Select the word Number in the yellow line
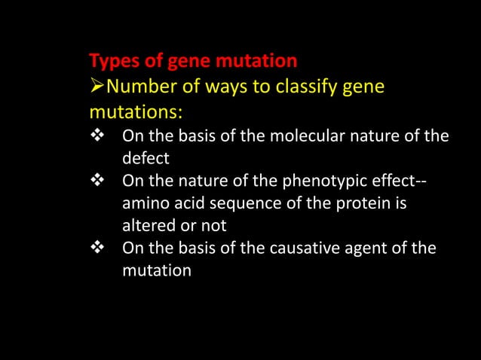136,87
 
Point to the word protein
358,203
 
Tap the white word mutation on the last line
156,270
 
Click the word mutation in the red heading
256,60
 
